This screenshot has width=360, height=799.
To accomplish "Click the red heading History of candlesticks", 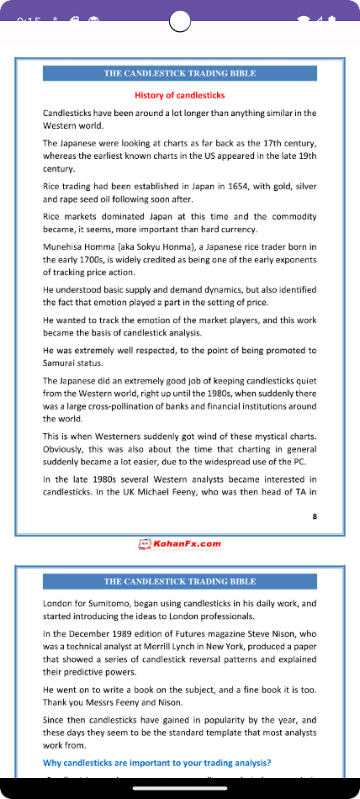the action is pos(180,95).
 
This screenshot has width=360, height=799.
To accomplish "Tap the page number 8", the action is pos(315,516).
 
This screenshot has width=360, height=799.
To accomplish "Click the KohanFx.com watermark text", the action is pos(187,543).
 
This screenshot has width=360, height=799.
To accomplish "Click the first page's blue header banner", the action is pos(180,73).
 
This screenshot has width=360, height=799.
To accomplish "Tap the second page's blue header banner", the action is pos(180,581).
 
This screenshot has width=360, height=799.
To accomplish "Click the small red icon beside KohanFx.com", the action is pos(144,543).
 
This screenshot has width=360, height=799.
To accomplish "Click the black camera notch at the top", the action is pos(180,20).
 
